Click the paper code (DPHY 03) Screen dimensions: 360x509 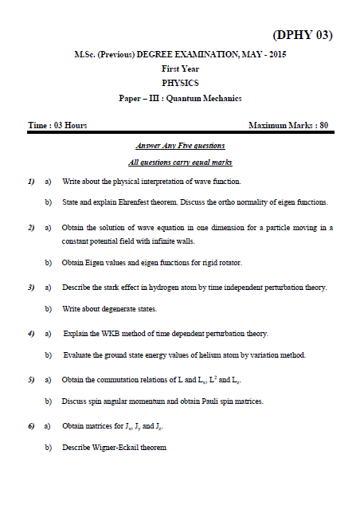302,34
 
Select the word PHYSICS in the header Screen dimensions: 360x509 180,83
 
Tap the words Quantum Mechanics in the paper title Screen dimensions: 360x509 209,98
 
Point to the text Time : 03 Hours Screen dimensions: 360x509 57,126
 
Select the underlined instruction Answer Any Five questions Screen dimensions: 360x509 180,146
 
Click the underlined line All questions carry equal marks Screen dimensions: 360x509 180,162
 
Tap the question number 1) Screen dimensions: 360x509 30,182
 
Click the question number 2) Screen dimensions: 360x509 30,228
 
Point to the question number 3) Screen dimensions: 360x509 30,287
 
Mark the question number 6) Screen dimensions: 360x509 30,427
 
